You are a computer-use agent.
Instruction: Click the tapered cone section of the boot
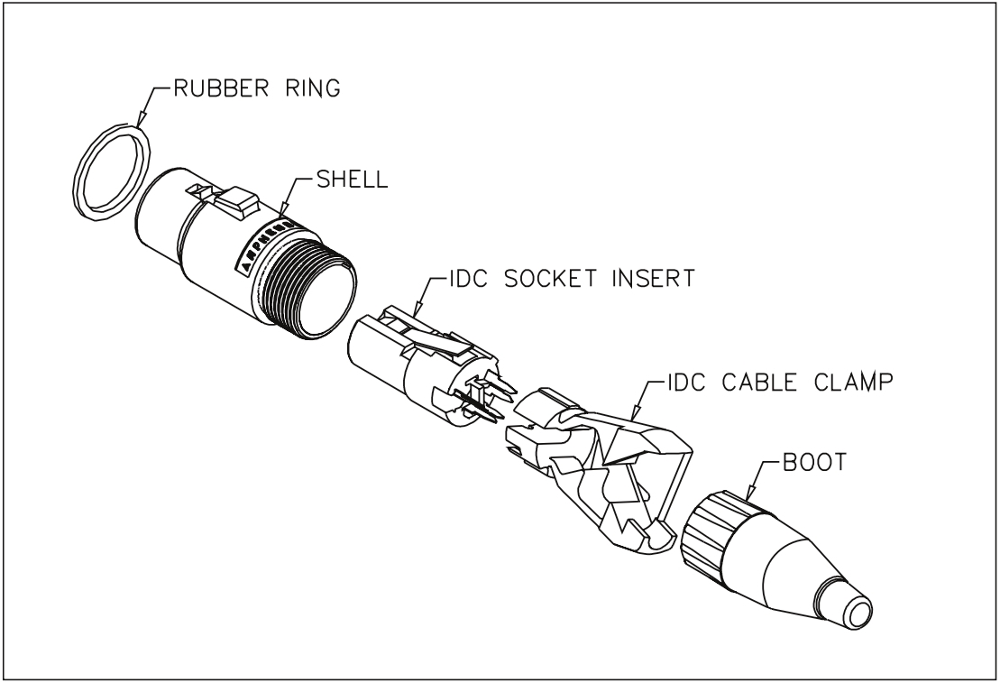coord(794,568)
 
